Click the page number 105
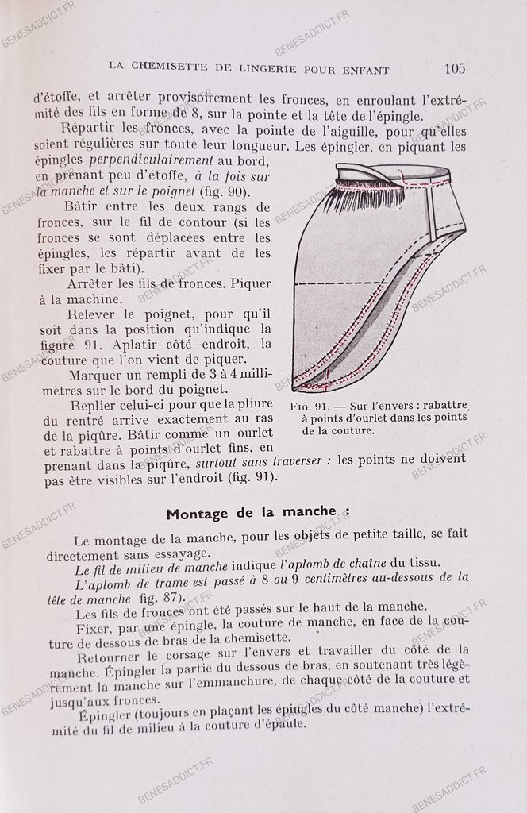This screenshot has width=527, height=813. pyautogui.click(x=455, y=68)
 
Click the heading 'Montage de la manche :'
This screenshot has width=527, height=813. pyautogui.click(x=258, y=511)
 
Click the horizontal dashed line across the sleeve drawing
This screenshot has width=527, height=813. pyautogui.click(x=341, y=283)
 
